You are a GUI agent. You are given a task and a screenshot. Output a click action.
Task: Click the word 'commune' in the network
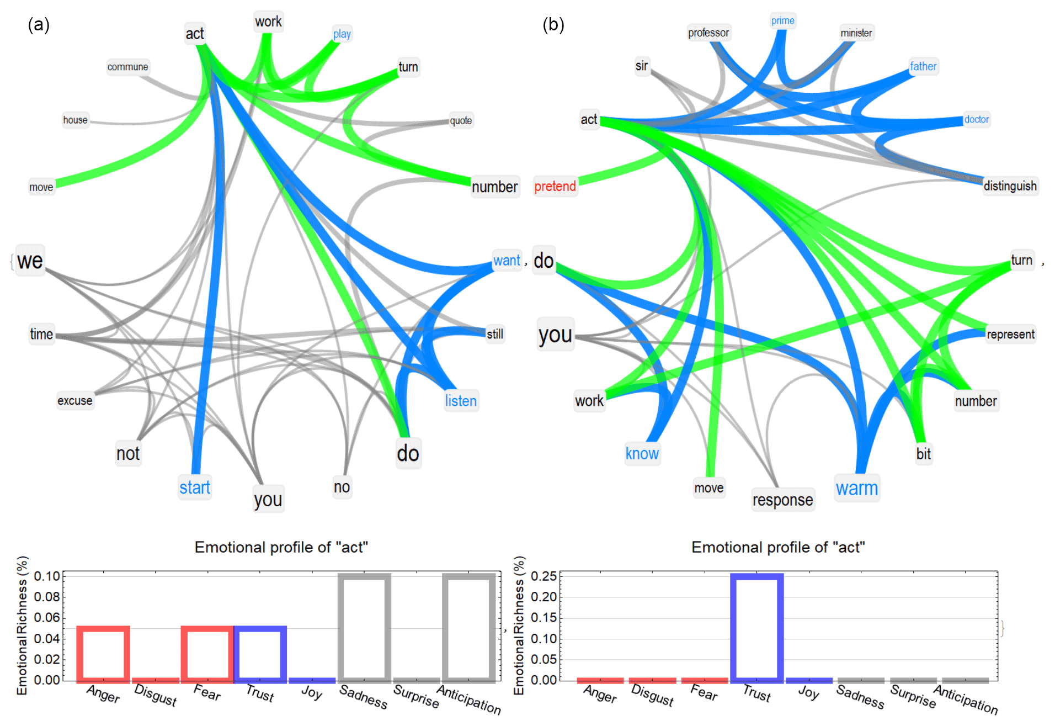coord(127,67)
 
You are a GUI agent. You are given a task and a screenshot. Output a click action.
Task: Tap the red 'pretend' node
coord(555,186)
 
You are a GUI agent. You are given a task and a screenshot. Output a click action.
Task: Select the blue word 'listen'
coord(461,401)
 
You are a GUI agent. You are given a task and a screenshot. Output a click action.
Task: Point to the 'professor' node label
coord(708,33)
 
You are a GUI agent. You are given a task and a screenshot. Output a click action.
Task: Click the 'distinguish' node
coord(1010,186)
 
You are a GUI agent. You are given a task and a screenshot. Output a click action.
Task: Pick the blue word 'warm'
coord(856,489)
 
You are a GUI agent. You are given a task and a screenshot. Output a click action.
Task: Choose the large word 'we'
coord(30,261)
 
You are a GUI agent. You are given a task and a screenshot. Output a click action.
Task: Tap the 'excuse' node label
coord(75,401)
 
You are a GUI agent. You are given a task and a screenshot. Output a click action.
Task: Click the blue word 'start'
coord(195,487)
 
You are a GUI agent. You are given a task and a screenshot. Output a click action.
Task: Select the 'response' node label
coord(782,500)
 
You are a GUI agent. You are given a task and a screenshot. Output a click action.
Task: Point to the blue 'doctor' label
coord(976,119)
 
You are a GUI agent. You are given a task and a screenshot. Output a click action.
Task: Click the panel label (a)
coord(39,25)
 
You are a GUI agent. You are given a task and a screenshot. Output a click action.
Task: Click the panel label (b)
coord(553,25)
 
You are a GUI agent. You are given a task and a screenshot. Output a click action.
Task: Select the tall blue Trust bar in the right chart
coord(756,627)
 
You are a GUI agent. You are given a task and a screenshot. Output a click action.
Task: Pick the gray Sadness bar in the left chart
coord(364,627)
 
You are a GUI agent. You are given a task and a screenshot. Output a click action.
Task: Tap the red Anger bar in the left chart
coord(103,653)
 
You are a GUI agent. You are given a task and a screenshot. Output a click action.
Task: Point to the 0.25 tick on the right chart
coord(544,576)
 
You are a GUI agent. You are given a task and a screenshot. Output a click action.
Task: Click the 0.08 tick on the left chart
coord(47,597)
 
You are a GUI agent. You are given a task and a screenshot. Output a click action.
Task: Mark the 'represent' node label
coord(1010,335)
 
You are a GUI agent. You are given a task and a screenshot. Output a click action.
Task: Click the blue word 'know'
coord(642,454)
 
